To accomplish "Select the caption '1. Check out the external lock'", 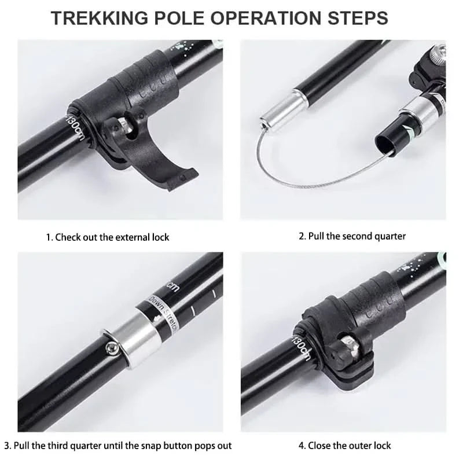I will click(108, 237).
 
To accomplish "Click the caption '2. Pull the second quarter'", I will click(352, 236).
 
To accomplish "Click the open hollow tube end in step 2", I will click(386, 140).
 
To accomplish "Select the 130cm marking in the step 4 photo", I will click(302, 346).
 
